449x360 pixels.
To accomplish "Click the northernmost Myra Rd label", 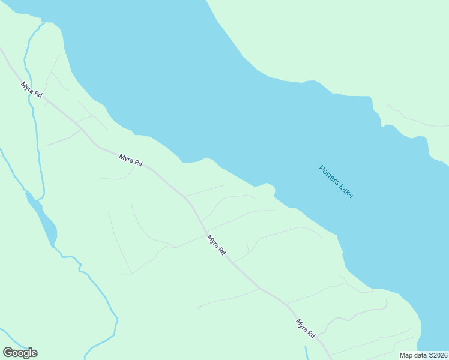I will pyautogui.click(x=31, y=92).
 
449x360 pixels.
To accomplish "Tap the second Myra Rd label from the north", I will pyautogui.click(x=130, y=160).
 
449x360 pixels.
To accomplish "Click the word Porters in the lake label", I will pyautogui.click(x=328, y=175).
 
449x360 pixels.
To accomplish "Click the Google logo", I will pyautogui.click(x=20, y=353).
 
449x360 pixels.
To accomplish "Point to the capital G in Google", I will pyautogui.click(x=8, y=353).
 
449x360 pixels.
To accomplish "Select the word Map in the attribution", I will pyautogui.click(x=407, y=355).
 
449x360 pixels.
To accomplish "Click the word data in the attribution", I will pyautogui.click(x=420, y=355).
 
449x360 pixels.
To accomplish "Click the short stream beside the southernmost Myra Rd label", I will pyautogui.click(x=306, y=352).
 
